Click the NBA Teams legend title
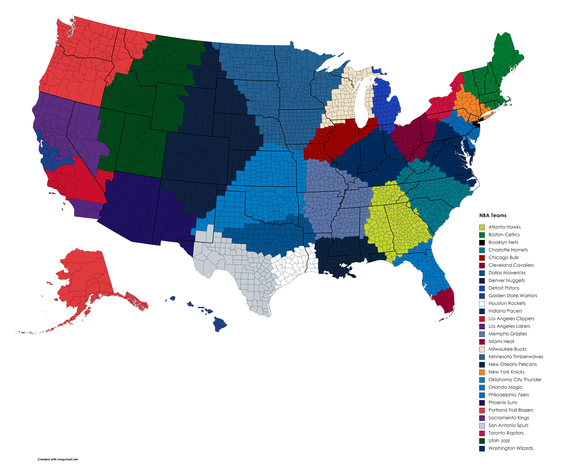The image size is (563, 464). (493, 215)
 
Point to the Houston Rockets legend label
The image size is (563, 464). (507, 303)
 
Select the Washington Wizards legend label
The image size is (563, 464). (510, 448)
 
